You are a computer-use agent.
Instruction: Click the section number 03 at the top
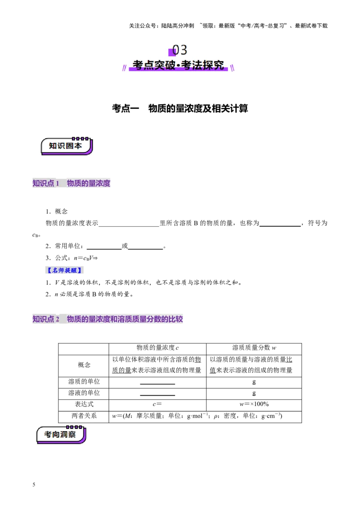(180, 49)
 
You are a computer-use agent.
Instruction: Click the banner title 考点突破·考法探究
(178, 65)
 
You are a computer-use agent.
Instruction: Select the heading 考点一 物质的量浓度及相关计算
(180, 108)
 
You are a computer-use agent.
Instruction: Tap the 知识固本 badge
(67, 146)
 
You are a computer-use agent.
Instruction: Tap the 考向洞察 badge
(61, 434)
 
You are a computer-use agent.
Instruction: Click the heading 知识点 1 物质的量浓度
(71, 183)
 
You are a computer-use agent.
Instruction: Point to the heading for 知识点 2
(108, 319)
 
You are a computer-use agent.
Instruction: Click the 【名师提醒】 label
(64, 270)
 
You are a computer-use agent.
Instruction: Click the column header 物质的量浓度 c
(157, 348)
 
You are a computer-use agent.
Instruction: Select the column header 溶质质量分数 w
(254, 348)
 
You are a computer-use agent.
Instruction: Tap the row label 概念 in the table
(84, 365)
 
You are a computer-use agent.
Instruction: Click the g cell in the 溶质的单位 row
(254, 382)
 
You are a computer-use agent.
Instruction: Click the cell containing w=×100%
(254, 404)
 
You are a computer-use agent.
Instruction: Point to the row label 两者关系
(84, 415)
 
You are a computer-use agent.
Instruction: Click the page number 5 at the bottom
(34, 485)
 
